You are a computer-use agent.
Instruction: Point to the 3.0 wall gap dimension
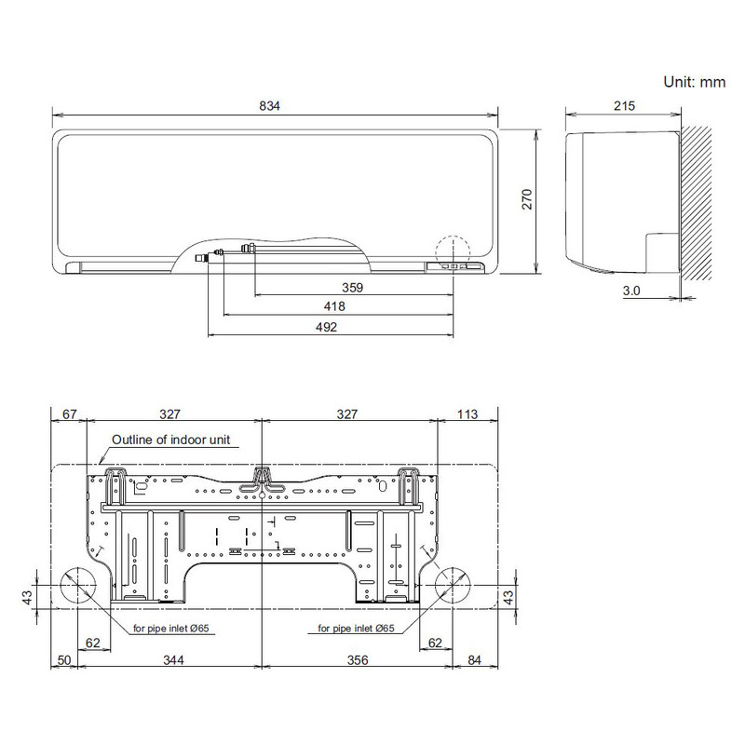[631, 291]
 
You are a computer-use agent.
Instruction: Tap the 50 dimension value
[63, 660]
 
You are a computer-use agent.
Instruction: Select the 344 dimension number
[171, 660]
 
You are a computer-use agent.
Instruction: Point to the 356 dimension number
[358, 660]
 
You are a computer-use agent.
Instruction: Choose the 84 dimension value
[475, 660]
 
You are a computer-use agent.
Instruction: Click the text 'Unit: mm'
[694, 82]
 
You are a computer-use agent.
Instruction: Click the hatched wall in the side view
[699, 205]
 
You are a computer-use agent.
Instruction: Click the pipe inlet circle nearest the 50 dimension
[78, 589]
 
